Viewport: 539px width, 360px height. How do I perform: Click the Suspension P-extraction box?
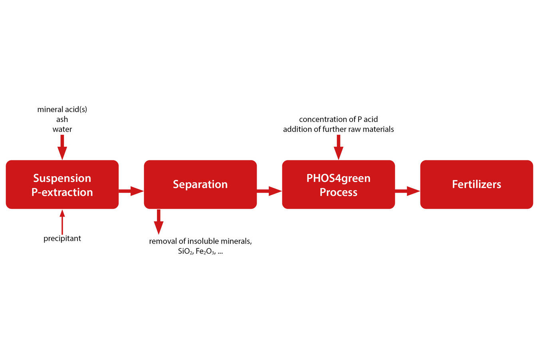pyautogui.click(x=62, y=184)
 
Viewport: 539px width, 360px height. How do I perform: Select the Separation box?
pyautogui.click(x=200, y=184)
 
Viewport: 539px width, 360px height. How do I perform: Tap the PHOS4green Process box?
pyautogui.click(x=338, y=184)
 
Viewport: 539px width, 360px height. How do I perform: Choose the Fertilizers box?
pyautogui.click(x=476, y=184)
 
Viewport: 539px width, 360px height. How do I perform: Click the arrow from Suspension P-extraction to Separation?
pyautogui.click(x=131, y=191)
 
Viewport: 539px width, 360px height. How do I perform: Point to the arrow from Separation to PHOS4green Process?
pyautogui.click(x=269, y=191)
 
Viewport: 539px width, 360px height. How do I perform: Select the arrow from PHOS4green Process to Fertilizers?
pyautogui.click(x=407, y=191)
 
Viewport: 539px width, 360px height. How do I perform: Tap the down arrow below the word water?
pyautogui.click(x=62, y=147)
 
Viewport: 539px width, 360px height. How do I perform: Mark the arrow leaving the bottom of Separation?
pyautogui.click(x=159, y=222)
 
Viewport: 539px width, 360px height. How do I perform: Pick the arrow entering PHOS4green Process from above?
pyautogui.click(x=338, y=147)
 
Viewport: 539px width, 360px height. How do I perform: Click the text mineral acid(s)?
pyautogui.click(x=62, y=109)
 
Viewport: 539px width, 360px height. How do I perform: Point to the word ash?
pyautogui.click(x=62, y=119)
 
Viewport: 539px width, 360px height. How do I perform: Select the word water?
pyautogui.click(x=62, y=129)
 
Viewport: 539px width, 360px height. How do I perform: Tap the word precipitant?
pyautogui.click(x=62, y=238)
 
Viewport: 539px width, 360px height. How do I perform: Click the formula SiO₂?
pyautogui.click(x=186, y=252)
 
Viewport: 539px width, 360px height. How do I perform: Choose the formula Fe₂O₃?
pyautogui.click(x=205, y=252)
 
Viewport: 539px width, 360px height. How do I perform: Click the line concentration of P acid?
pyautogui.click(x=338, y=119)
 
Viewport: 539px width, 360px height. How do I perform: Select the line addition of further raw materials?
pyautogui.click(x=338, y=129)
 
